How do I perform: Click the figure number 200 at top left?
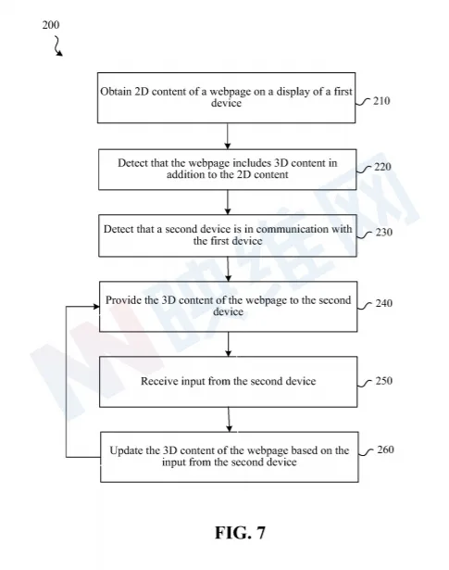tap(50, 25)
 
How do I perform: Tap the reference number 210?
tap(381, 101)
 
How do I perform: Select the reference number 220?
tap(382, 167)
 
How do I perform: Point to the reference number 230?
tap(383, 232)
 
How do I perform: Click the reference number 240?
tap(383, 303)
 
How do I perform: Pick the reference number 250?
tap(383, 381)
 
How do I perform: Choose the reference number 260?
tap(385, 450)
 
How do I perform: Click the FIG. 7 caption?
tap(241, 533)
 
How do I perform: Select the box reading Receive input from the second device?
tap(229, 382)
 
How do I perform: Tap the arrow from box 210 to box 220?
tap(228, 136)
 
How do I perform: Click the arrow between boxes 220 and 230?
tap(228, 202)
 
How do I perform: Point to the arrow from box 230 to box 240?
tap(228, 269)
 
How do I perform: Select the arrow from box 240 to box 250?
tap(229, 344)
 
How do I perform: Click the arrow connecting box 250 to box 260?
tap(229, 420)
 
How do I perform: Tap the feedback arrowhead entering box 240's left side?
tap(96, 307)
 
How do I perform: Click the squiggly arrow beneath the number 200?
tap(57, 46)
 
